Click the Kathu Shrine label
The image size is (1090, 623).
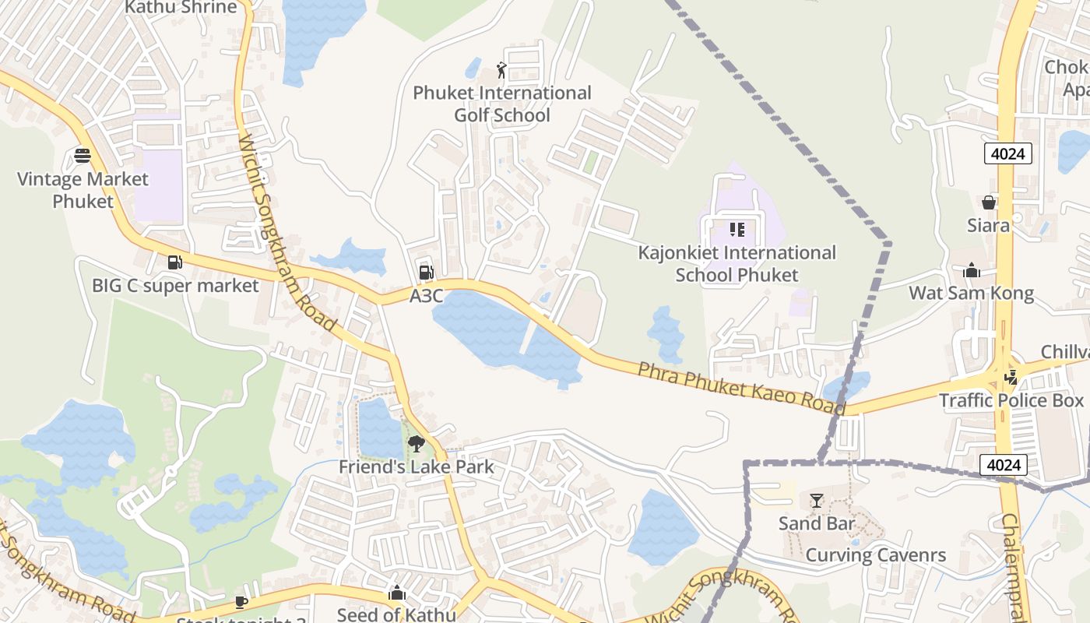[x=181, y=8]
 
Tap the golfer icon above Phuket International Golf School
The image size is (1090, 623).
[x=501, y=70]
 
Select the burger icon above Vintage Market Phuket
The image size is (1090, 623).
[x=83, y=156]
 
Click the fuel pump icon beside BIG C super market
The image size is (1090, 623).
[x=175, y=263]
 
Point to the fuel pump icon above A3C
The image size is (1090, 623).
[x=426, y=272]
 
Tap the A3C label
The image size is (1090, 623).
[x=426, y=296]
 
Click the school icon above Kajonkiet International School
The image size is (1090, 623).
[x=737, y=230]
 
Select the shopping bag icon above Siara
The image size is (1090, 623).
[x=988, y=202]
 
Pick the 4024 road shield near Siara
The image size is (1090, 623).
[x=1007, y=153]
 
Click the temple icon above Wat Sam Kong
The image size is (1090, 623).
[x=972, y=271]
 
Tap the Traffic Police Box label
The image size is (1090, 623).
[x=1011, y=400]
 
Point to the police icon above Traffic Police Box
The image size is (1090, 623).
[x=1011, y=378]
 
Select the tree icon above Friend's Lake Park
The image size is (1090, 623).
[x=417, y=444]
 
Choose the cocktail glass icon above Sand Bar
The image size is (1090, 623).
[x=816, y=500]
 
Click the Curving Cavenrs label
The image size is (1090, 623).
[x=875, y=555]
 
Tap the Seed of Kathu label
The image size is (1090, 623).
[x=396, y=614]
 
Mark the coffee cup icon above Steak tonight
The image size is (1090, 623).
[x=241, y=601]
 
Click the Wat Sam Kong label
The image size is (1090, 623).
[x=972, y=294]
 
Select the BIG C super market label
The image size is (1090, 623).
[x=175, y=286]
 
